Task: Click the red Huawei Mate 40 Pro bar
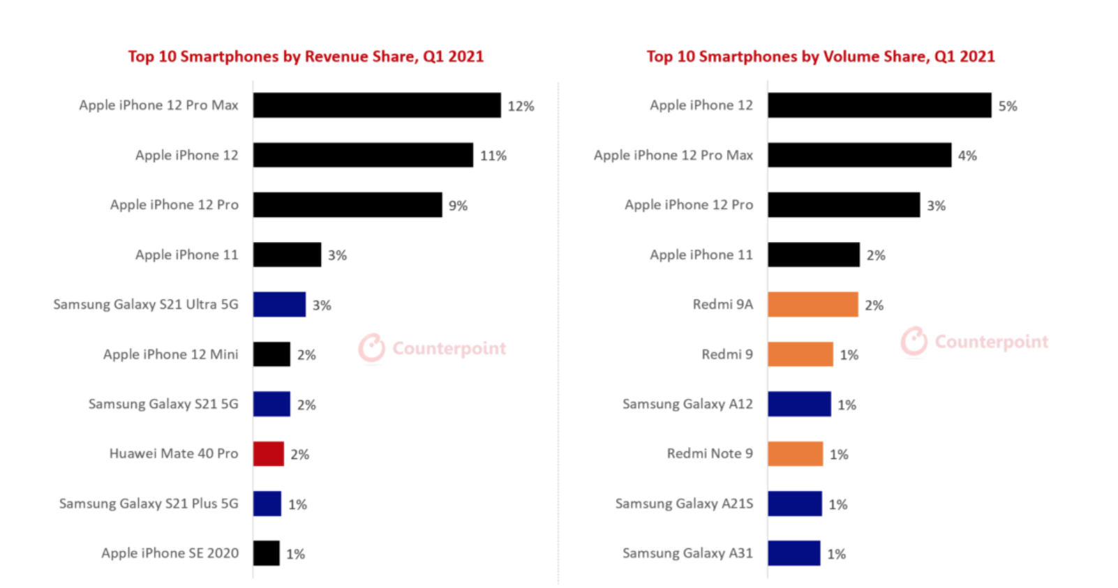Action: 268,453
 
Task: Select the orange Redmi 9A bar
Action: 812,304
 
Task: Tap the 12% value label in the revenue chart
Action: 521,106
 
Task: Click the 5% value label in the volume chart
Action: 1007,106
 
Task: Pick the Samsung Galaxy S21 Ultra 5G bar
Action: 279,304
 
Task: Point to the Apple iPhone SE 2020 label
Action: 170,553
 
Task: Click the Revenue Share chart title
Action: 306,56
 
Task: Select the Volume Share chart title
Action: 820,56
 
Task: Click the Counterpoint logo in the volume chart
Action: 975,341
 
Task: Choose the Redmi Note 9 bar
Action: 795,453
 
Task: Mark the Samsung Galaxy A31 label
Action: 687,553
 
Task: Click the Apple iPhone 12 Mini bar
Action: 271,354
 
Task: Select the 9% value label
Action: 458,206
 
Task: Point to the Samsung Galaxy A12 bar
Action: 799,404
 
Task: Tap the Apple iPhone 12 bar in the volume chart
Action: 879,105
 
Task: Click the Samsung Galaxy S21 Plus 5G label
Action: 149,504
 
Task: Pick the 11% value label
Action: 493,156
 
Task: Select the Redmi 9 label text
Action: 727,354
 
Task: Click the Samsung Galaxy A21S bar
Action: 795,504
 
